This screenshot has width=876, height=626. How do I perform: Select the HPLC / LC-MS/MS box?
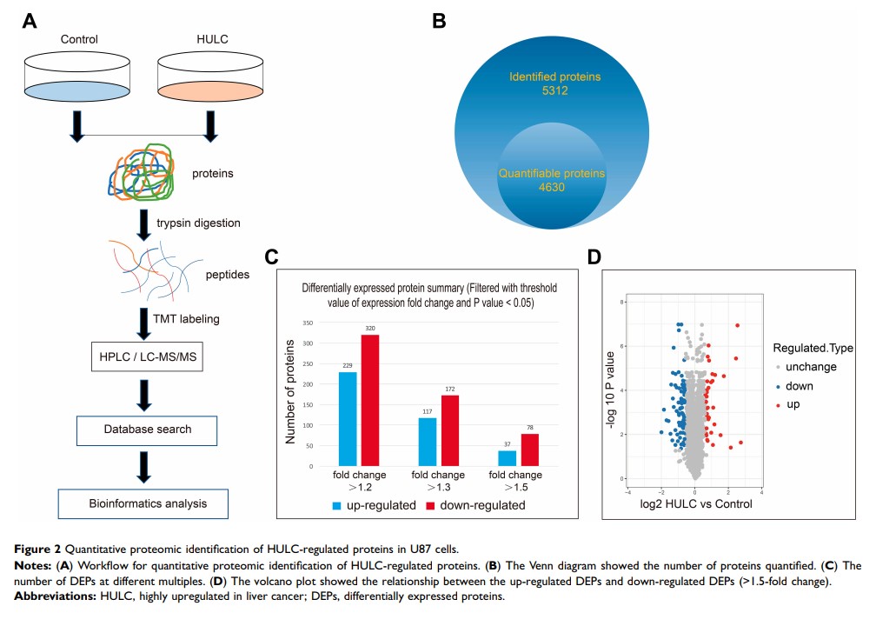coord(145,356)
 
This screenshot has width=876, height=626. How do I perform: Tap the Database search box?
coord(146,429)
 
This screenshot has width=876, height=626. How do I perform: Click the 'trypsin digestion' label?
coord(198,223)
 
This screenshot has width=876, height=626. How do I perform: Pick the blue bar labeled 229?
coord(348,419)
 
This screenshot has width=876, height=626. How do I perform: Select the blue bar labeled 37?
coord(508,458)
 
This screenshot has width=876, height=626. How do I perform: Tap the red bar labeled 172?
coord(450,430)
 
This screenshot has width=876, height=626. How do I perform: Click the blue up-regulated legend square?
coord(336,504)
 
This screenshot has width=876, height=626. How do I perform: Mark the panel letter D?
coord(594,256)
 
